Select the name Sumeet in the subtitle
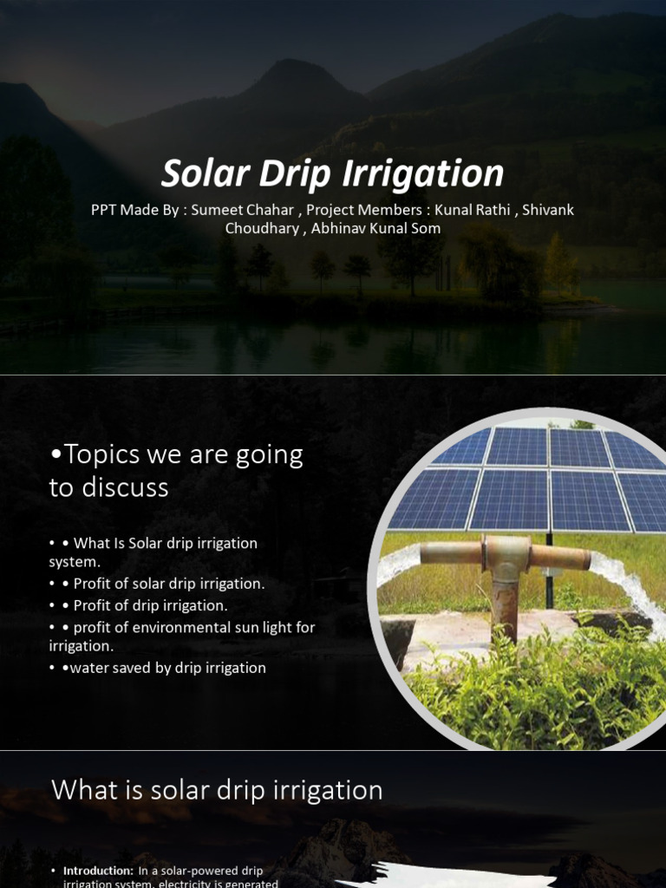point(217,211)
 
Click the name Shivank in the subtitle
point(548,211)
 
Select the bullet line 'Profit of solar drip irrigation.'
point(169,584)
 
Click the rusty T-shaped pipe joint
point(506,555)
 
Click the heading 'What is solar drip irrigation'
point(217,790)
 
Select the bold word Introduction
point(98,870)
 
